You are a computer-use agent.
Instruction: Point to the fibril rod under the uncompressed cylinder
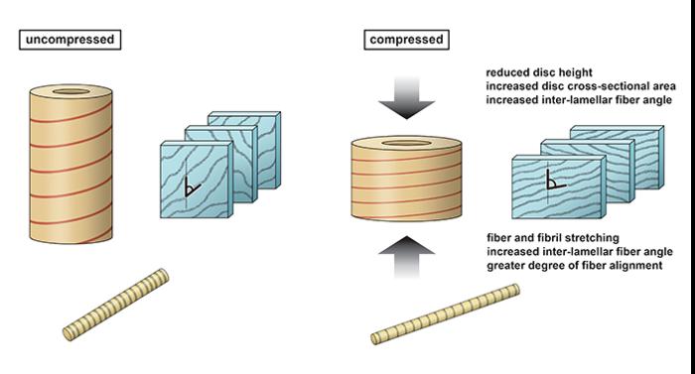pyautogui.click(x=113, y=303)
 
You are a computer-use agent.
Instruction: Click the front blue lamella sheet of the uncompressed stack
pyautogui.click(x=195, y=179)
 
